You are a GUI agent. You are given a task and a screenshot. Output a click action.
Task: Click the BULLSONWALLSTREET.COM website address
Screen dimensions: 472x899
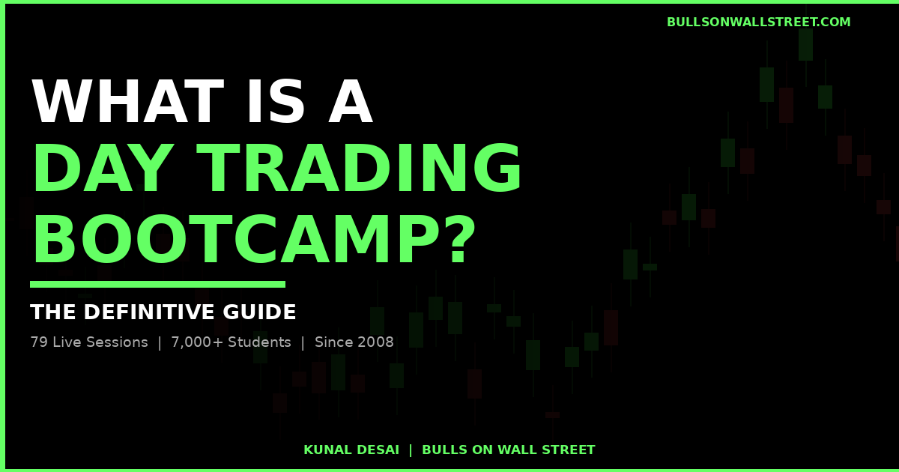click(x=758, y=22)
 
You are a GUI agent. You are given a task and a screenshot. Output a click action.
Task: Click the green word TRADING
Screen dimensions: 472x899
click(x=360, y=171)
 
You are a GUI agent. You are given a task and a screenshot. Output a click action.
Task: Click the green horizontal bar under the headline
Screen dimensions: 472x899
click(x=157, y=284)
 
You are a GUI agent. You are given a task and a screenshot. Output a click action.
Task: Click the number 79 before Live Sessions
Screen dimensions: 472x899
click(x=38, y=342)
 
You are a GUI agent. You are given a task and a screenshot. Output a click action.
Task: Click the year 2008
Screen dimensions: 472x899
click(x=376, y=342)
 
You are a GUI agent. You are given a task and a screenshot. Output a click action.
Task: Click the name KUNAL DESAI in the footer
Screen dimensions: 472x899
click(x=351, y=450)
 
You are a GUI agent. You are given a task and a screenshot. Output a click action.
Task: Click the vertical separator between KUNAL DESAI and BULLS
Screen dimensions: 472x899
click(x=411, y=450)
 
